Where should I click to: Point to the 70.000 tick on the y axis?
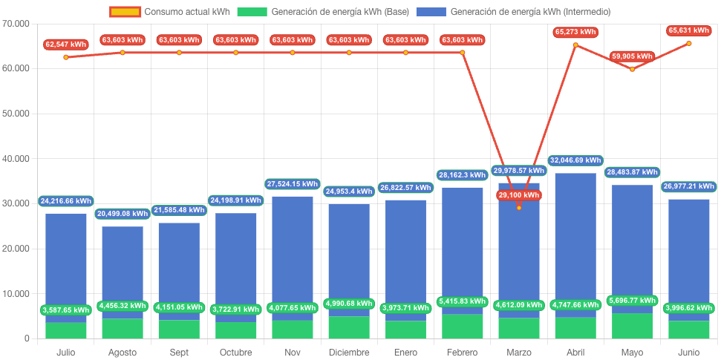tap(16, 24)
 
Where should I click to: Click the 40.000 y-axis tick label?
tap(16, 159)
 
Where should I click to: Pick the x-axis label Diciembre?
tap(349, 352)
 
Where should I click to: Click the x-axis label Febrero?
tap(462, 352)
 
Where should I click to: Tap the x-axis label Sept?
tap(179, 352)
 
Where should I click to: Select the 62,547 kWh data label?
tap(65, 45)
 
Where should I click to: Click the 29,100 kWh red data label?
tap(519, 195)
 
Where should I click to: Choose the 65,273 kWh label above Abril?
tap(575, 32)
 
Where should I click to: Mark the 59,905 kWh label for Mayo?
tap(632, 56)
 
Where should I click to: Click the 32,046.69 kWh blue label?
tap(575, 160)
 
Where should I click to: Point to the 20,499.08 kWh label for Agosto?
tap(123, 214)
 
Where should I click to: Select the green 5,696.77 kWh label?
tap(632, 301)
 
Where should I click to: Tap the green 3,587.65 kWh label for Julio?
tap(66, 310)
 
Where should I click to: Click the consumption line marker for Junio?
tap(689, 43)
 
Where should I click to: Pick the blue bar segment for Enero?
tap(405, 260)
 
